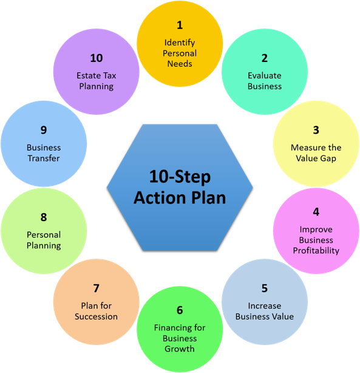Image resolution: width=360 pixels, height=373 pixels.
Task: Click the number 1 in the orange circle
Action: (180, 25)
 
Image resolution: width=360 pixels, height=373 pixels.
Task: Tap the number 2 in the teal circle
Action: (265, 58)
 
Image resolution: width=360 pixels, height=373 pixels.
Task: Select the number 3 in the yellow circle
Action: (316, 130)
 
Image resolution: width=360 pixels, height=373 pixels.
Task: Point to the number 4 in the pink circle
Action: (316, 212)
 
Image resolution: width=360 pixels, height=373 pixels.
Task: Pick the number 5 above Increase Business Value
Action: (265, 289)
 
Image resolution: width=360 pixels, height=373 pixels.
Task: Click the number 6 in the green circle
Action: (180, 310)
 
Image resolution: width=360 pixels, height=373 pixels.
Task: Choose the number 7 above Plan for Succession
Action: (96, 289)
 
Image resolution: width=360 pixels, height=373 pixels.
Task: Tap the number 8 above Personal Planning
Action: (44, 217)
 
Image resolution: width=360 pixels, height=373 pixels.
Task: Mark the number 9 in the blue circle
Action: (44, 130)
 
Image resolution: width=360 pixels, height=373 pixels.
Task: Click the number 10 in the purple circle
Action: (96, 58)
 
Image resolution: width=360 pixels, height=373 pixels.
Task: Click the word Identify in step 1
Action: (180, 43)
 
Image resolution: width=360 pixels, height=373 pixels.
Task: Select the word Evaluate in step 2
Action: (265, 75)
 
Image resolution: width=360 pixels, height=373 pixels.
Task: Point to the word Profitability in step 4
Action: (316, 250)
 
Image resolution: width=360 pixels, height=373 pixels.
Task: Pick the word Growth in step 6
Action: (180, 349)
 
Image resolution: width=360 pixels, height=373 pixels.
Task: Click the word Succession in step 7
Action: (96, 316)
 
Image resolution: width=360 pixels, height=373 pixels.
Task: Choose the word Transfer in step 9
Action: (44, 158)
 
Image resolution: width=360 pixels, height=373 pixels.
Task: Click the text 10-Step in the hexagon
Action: (180, 177)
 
